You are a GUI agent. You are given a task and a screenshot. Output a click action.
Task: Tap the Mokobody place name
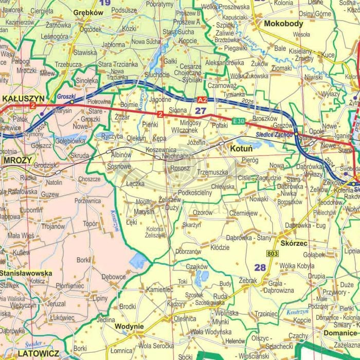point(283,24)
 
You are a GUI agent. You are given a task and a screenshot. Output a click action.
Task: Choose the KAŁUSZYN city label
point(23,97)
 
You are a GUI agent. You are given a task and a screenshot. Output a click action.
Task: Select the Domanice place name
point(340,333)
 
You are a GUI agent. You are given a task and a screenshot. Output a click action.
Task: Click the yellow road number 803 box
point(273,254)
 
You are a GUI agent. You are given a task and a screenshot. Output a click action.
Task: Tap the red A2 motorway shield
point(203,99)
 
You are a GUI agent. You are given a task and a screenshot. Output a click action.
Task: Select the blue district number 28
point(260,267)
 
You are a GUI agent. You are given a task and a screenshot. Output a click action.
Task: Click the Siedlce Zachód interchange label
point(274,135)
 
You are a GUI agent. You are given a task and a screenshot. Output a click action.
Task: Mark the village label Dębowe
point(113,277)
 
